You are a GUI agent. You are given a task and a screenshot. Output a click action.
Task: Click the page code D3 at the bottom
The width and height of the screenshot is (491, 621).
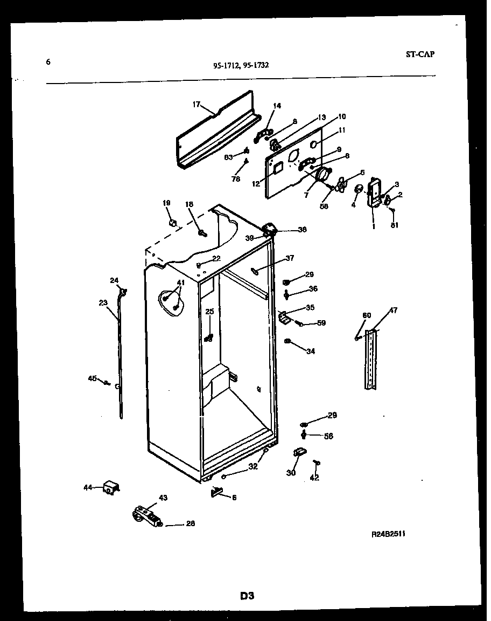[247, 596]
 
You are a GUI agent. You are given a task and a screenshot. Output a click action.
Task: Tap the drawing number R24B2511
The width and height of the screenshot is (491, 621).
[388, 534]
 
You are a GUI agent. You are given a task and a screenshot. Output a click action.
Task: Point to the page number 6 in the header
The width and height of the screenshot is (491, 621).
[48, 62]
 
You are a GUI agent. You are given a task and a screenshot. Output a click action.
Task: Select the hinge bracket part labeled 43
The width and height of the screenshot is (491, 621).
[146, 514]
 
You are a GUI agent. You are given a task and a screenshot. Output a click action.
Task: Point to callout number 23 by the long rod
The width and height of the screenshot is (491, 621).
[103, 303]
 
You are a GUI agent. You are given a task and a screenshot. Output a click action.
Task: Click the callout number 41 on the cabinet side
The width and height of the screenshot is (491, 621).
[180, 282]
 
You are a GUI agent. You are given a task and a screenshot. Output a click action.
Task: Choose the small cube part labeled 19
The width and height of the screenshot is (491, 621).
[173, 223]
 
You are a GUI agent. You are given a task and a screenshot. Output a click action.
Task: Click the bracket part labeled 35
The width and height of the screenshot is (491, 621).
[284, 317]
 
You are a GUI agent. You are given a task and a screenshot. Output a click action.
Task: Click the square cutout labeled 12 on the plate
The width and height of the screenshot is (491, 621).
[278, 169]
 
